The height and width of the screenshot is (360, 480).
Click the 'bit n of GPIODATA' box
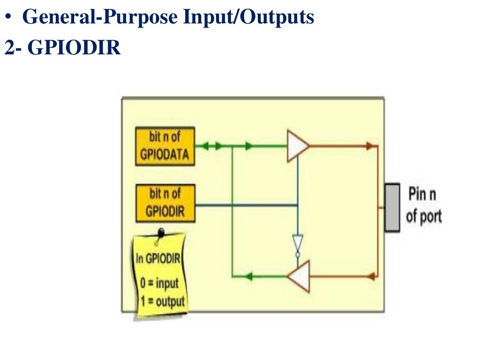pyautogui.click(x=165, y=146)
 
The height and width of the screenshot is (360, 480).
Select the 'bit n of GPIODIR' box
pyautogui.click(x=165, y=203)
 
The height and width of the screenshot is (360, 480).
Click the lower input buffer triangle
pyautogui.click(x=299, y=277)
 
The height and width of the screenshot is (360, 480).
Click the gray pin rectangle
pyautogui.click(x=392, y=207)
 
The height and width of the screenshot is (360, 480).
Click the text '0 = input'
pyautogui.click(x=160, y=284)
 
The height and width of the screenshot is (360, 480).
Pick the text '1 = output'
pyautogui.click(x=162, y=301)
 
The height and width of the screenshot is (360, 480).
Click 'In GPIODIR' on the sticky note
pyautogui.click(x=158, y=258)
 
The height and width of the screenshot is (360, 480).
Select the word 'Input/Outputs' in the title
pyautogui.click(x=248, y=17)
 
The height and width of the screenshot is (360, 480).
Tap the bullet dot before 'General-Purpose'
pyautogui.click(x=8, y=18)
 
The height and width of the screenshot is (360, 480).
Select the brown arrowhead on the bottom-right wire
pyautogui.click(x=371, y=276)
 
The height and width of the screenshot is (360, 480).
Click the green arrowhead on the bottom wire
pyautogui.click(x=248, y=277)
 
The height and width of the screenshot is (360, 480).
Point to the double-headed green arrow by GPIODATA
pyautogui.click(x=212, y=146)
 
